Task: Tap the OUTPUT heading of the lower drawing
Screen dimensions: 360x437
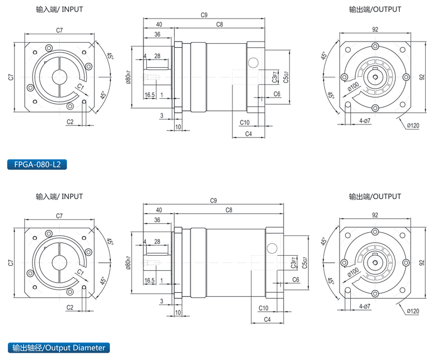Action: [375, 197]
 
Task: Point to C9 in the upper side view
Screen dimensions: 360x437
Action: [204, 16]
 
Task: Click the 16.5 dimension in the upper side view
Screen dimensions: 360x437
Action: [150, 95]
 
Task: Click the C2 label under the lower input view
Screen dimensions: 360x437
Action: [70, 307]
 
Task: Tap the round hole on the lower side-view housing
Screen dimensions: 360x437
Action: [273, 247]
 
